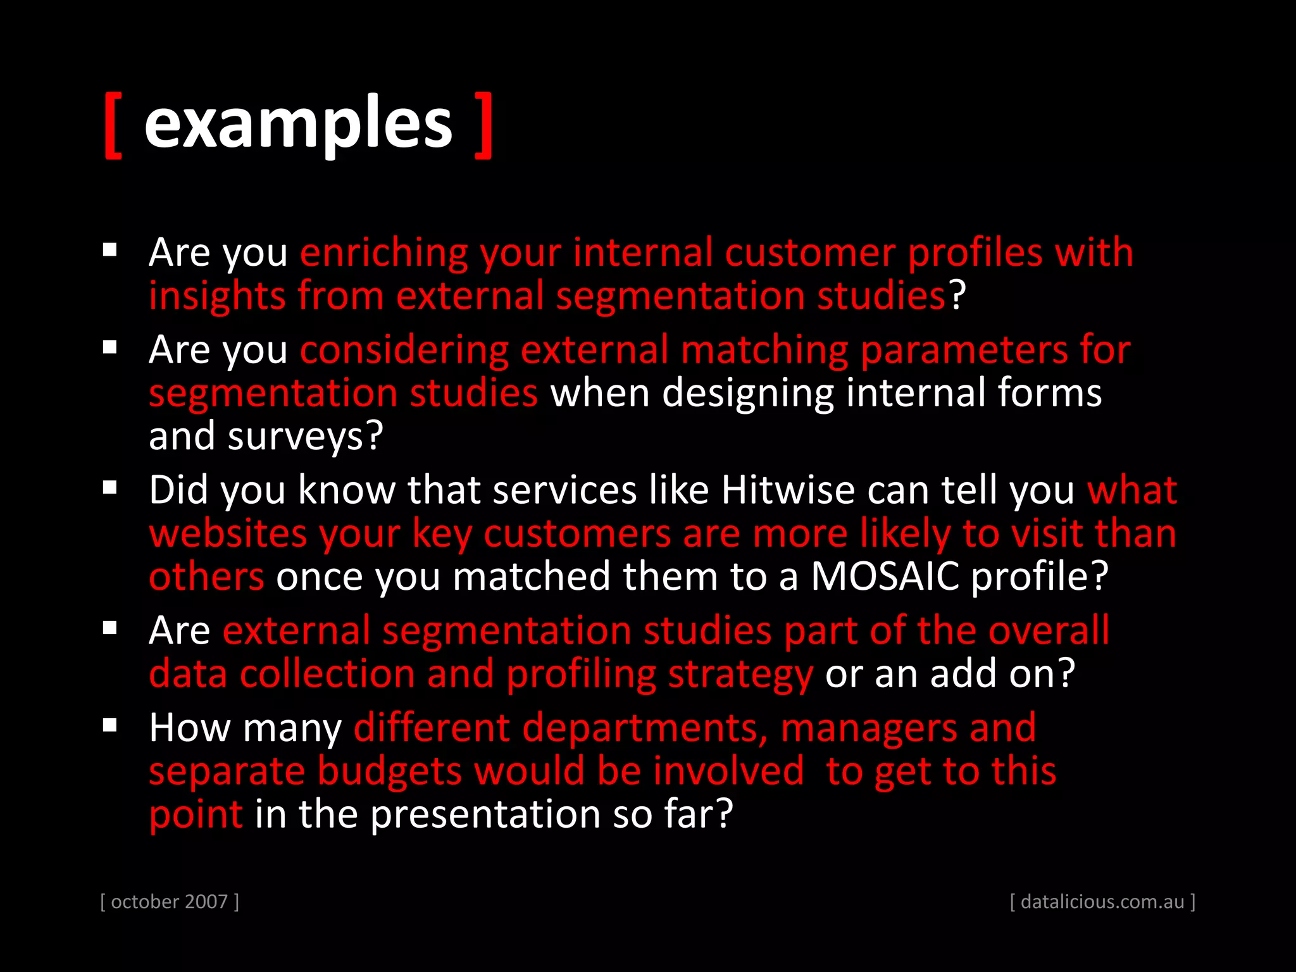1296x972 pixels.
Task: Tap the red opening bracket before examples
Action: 113,125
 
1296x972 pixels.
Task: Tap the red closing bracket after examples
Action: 484,125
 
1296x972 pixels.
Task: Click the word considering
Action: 404,351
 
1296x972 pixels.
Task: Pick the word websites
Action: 228,533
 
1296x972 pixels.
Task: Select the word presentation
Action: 485,814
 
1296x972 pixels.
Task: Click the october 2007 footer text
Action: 170,901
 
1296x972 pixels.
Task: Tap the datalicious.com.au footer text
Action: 1102,901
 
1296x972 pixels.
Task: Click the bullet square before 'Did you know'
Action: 110,488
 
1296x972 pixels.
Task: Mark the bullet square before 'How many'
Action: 110,725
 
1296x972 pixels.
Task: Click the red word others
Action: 206,576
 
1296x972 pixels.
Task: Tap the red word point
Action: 196,814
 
